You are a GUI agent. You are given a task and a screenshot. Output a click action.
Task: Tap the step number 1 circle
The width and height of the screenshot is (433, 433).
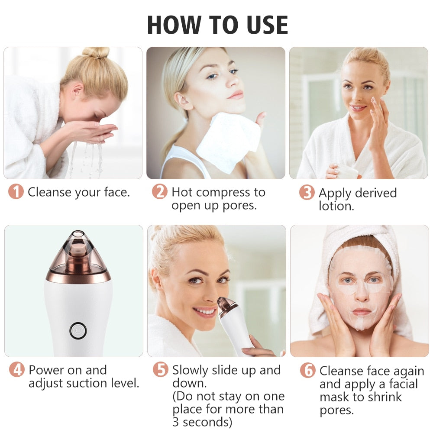coord(16,192)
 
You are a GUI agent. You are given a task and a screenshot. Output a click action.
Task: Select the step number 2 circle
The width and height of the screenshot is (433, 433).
coord(159,192)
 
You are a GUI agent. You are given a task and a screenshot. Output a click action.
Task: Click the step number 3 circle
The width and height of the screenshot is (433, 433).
coord(307,193)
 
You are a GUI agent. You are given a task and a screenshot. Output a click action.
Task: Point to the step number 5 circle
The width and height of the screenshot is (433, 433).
coord(160,370)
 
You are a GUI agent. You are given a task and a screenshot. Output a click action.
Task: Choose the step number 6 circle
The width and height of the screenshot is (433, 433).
coord(307,371)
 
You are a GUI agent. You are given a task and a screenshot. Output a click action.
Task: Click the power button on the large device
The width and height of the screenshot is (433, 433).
coord(78,331)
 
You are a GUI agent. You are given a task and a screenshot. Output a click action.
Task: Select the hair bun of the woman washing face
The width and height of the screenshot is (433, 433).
coord(96,52)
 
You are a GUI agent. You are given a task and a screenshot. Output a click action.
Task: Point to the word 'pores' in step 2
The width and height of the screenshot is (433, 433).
coord(238,205)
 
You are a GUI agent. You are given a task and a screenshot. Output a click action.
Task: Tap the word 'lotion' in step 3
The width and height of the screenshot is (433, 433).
coord(336,206)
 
